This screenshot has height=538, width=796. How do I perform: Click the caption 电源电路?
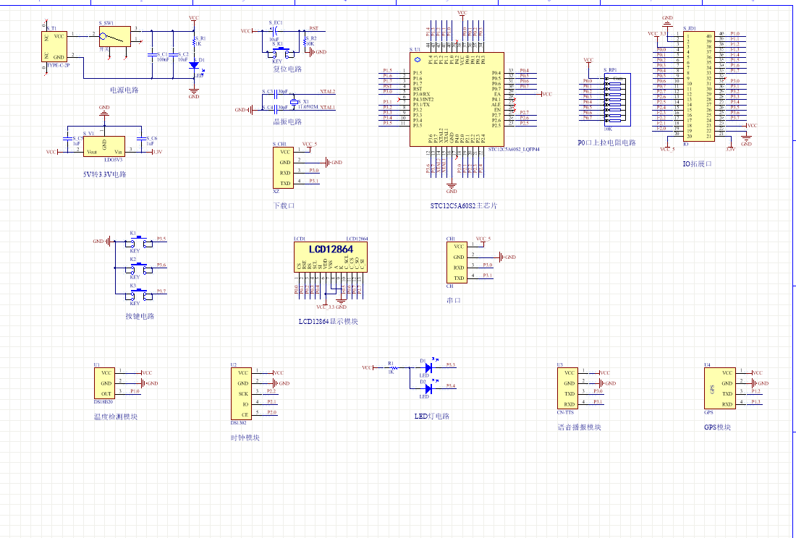pyautogui.click(x=124, y=90)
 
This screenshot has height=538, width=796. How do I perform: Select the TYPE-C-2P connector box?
pyautogui.click(x=55, y=46)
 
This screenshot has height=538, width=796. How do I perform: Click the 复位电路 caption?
pyautogui.click(x=287, y=69)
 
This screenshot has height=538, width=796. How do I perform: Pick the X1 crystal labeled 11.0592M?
pyautogui.click(x=295, y=102)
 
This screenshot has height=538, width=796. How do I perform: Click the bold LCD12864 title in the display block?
pyautogui.click(x=330, y=249)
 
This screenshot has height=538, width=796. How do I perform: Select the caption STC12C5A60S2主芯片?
pyautogui.click(x=464, y=206)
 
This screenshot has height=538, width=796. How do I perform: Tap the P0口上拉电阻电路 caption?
pyautogui.click(x=606, y=143)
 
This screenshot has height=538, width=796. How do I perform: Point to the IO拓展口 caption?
pyautogui.click(x=698, y=164)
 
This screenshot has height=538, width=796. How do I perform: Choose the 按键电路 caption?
pyautogui.click(x=140, y=316)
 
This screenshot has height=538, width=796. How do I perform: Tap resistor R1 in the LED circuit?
pyautogui.click(x=391, y=367)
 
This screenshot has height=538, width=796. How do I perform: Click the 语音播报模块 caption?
pyautogui.click(x=580, y=427)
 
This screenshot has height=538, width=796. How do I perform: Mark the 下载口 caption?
pyautogui.click(x=284, y=206)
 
